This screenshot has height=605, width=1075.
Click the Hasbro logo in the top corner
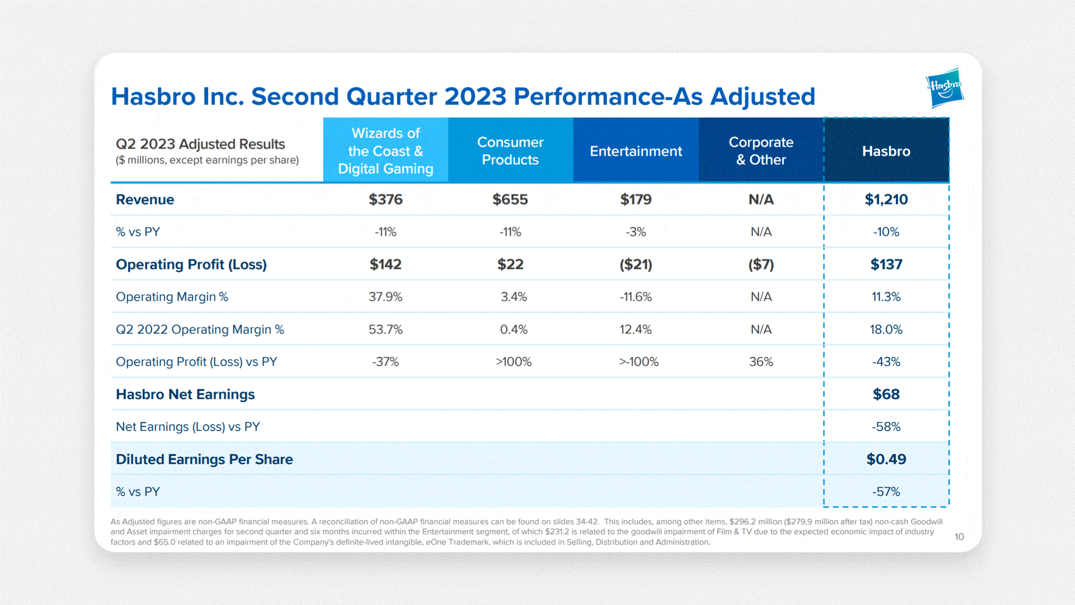tap(945, 88)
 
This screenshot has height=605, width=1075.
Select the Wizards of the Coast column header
tap(386, 151)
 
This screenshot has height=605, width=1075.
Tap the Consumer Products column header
tap(511, 151)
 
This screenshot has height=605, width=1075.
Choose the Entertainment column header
tap(636, 151)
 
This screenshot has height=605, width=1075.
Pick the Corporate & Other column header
tap(761, 151)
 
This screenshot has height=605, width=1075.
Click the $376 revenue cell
tap(386, 199)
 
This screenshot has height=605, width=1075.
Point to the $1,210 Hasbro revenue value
tap(886, 199)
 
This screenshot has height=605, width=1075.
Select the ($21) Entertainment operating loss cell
tap(636, 264)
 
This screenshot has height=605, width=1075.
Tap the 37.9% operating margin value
tap(386, 297)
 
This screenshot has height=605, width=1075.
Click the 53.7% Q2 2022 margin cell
tap(386, 329)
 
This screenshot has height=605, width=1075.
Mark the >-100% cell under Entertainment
tap(639, 362)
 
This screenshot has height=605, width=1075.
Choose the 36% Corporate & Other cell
tap(761, 362)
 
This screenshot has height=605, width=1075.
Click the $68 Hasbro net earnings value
tap(886, 394)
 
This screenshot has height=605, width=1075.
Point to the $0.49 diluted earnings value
tap(886, 459)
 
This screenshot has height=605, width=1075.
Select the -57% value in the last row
tap(886, 492)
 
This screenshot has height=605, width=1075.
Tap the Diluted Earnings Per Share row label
tap(204, 459)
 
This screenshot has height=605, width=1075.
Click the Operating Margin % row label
tap(172, 297)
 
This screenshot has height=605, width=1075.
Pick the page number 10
tap(959, 537)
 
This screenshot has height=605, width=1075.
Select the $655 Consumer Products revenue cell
tap(510, 199)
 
